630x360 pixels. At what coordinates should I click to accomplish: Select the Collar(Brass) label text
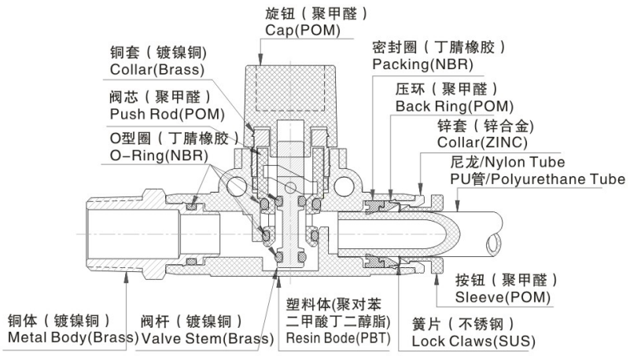[157, 69]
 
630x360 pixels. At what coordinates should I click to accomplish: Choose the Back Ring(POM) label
[454, 105]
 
